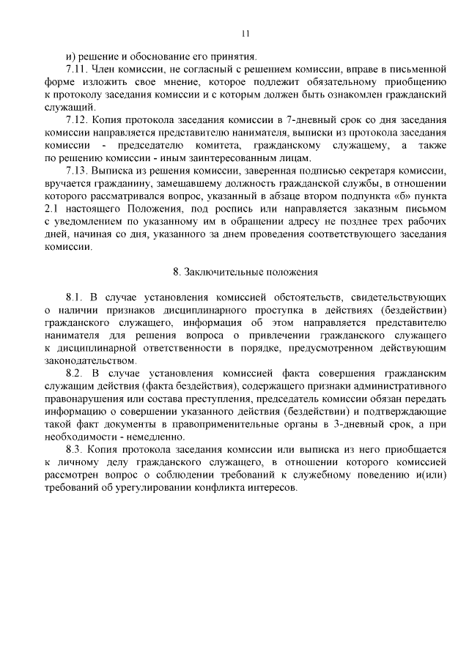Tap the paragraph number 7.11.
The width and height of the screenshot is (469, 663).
(x=77, y=68)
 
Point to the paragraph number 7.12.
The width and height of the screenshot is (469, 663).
(x=77, y=119)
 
